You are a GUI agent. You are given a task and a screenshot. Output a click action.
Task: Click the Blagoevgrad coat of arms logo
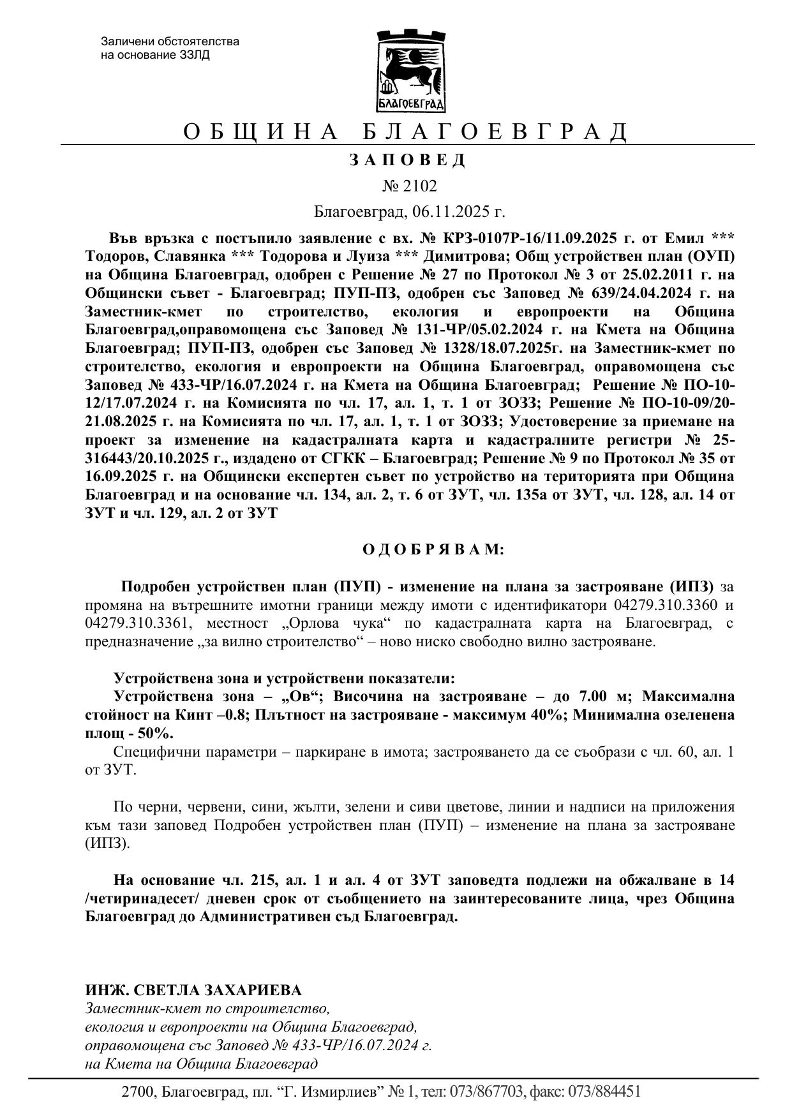(x=409, y=71)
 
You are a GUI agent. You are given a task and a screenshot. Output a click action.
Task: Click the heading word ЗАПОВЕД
(x=408, y=160)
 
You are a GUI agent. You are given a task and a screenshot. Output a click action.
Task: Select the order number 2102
(x=419, y=186)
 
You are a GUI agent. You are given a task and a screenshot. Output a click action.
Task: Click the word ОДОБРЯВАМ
(x=433, y=549)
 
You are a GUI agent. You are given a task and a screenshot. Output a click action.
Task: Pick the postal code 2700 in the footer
(x=137, y=1092)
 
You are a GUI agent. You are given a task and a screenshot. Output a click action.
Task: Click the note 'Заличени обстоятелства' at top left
(x=170, y=42)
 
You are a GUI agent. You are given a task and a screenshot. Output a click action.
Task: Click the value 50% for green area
(x=154, y=733)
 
